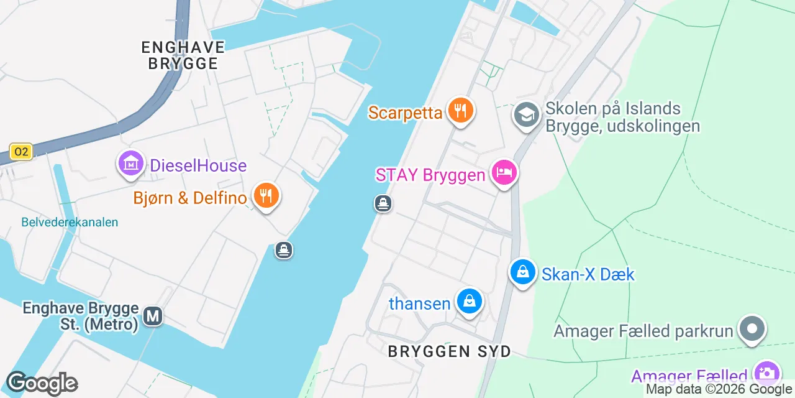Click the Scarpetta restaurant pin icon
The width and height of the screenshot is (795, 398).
(460, 111)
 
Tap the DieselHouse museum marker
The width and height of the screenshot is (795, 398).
(130, 164)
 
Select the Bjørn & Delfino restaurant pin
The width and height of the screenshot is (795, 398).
(266, 197)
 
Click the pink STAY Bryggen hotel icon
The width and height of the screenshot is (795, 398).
(504, 172)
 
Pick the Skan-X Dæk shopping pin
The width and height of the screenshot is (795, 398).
(523, 272)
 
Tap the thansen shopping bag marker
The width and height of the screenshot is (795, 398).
(470, 302)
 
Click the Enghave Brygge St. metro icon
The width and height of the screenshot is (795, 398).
(153, 316)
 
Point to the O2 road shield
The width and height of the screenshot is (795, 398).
(21, 152)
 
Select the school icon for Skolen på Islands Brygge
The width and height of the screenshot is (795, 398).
(527, 115)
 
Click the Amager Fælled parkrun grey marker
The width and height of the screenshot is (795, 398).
(752, 328)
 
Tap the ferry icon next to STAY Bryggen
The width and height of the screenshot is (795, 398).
(383, 203)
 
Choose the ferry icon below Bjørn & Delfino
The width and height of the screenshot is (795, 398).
(284, 251)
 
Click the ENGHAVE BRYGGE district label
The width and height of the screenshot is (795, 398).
(183, 55)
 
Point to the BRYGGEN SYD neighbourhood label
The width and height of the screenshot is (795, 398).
(449, 351)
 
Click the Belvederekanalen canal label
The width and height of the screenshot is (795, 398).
(70, 222)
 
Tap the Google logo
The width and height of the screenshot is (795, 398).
(42, 384)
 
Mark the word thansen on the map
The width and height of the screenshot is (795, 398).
(419, 303)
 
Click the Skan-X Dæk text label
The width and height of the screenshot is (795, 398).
(588, 274)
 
